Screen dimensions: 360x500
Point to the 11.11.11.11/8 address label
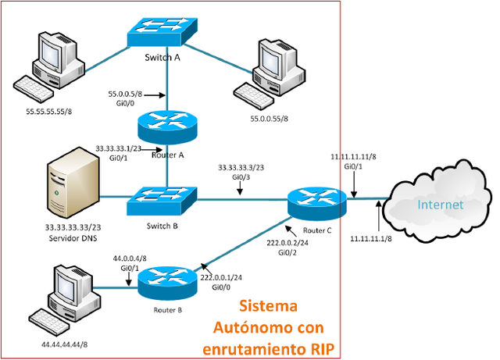(x=354, y=156)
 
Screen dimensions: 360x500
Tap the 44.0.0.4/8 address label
(x=130, y=258)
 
